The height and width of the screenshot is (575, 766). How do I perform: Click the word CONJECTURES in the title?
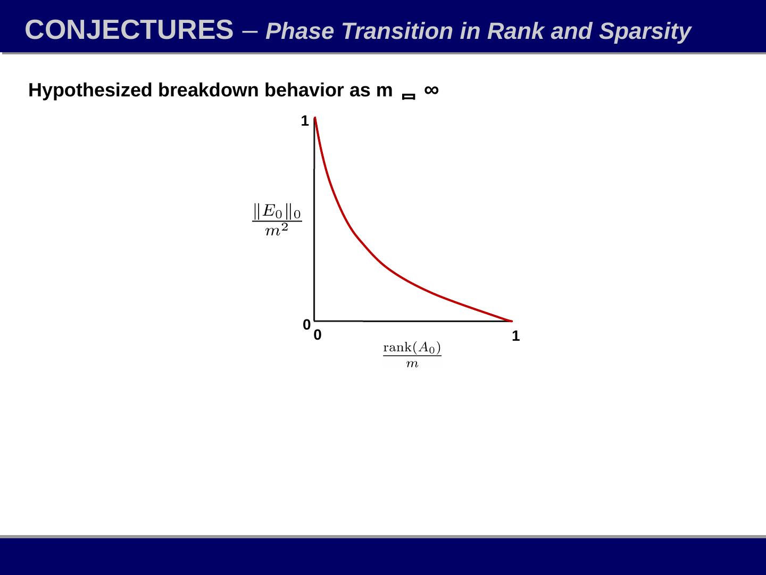click(x=129, y=30)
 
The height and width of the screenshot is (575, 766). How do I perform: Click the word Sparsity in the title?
click(x=645, y=32)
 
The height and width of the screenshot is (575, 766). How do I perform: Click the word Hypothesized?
click(x=90, y=91)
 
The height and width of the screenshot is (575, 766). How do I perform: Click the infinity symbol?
click(x=431, y=89)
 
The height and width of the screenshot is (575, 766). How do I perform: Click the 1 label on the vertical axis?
click(x=305, y=121)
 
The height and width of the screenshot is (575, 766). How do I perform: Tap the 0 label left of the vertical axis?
click(x=306, y=324)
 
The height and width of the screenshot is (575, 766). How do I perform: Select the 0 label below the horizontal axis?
click(x=318, y=335)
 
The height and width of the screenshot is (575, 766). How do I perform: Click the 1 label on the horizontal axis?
click(x=515, y=336)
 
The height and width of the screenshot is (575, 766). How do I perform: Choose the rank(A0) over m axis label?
click(x=412, y=355)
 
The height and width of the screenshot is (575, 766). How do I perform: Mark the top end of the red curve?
click(x=315, y=118)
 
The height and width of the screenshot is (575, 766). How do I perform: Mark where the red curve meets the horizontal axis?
click(x=511, y=321)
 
